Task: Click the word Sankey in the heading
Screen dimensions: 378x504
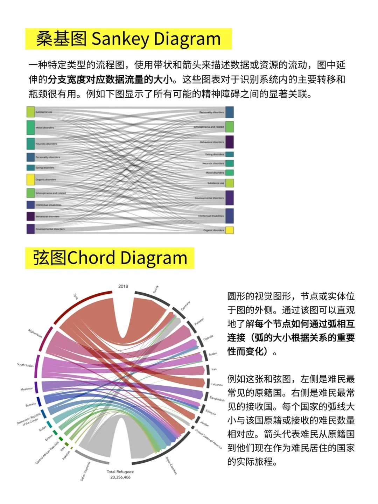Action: (x=120, y=39)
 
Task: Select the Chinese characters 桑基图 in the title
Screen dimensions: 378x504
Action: (x=61, y=39)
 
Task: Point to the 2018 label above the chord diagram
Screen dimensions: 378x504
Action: (x=123, y=286)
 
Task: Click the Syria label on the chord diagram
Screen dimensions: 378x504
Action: (x=75, y=296)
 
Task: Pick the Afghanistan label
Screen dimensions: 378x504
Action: (x=35, y=333)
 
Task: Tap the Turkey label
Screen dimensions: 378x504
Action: (x=155, y=289)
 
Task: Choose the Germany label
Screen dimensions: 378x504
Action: (x=185, y=306)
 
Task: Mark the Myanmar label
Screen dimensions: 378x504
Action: (x=27, y=389)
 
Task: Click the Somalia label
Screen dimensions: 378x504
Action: (x=30, y=405)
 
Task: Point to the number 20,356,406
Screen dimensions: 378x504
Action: (x=120, y=477)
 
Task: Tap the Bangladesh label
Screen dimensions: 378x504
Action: (x=217, y=398)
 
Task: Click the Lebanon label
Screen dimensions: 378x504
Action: (x=217, y=384)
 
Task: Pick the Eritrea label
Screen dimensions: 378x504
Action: (x=49, y=437)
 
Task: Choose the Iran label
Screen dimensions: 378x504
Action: (x=214, y=369)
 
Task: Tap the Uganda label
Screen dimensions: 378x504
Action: (x=208, y=338)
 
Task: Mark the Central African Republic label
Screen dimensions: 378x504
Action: (x=47, y=453)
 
